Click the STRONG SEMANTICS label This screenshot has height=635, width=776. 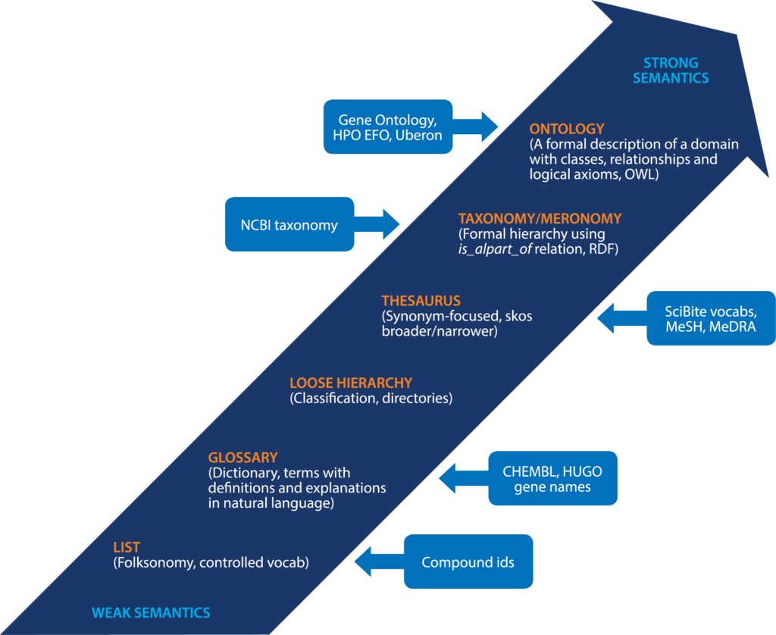point(671,70)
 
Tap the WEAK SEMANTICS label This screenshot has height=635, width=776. point(151,613)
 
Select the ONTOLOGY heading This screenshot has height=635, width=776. point(567,129)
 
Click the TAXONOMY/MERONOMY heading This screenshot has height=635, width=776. point(540,218)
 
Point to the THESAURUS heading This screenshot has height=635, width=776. point(421,300)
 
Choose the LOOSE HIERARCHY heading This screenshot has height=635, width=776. point(351,383)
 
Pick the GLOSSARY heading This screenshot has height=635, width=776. point(242,458)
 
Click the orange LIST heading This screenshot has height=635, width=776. point(127,547)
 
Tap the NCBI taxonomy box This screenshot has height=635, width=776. point(289,224)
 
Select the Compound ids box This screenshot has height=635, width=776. point(468,561)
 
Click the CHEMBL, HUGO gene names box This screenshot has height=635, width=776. point(552,478)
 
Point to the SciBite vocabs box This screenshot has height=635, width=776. point(711,318)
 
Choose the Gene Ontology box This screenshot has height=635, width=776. point(388,127)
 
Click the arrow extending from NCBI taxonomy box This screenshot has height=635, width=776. point(377,224)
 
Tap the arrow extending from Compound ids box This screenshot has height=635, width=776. point(380,561)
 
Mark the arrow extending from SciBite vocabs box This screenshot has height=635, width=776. point(622,318)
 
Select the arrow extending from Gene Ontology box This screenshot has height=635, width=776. point(475,127)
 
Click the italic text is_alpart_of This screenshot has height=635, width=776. point(495,249)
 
